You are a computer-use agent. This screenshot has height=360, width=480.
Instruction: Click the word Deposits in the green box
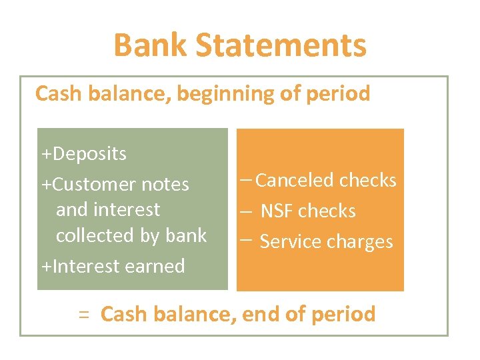pos(89,154)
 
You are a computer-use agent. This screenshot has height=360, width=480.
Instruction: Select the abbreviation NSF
pos(277,211)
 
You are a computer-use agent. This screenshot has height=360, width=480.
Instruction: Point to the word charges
pos(360,242)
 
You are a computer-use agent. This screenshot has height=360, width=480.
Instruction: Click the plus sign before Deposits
pos(45,155)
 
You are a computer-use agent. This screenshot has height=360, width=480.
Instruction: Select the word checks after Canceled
pos(367,180)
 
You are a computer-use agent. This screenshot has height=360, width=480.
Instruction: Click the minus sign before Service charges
pos(245,239)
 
